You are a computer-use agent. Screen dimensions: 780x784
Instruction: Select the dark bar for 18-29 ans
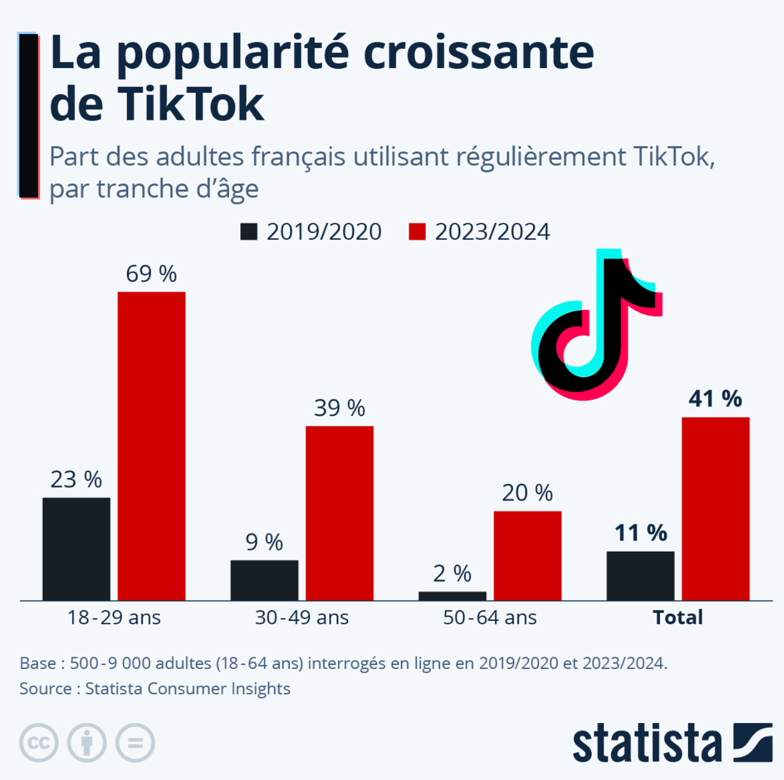pyautogui.click(x=76, y=549)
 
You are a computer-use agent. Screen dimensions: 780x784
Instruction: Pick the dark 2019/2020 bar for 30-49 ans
pyautogui.click(x=264, y=580)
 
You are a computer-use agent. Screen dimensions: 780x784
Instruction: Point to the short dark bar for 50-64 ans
pyautogui.click(x=453, y=596)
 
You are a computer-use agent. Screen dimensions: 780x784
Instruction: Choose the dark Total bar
pyautogui.click(x=641, y=576)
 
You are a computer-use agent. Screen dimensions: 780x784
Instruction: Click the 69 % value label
pyautogui.click(x=151, y=274)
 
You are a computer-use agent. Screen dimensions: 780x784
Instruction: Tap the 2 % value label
pyautogui.click(x=452, y=573)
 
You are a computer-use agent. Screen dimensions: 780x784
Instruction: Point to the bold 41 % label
pyautogui.click(x=715, y=399)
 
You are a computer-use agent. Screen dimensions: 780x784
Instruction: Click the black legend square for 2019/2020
pyautogui.click(x=249, y=231)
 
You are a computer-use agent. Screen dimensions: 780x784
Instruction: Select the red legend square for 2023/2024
pyautogui.click(x=417, y=231)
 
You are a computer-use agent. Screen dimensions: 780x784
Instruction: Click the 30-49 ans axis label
pyautogui.click(x=301, y=617)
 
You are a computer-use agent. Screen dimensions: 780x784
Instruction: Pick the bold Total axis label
pyautogui.click(x=678, y=617)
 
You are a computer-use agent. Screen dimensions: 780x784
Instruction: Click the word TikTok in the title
pyautogui.click(x=192, y=105)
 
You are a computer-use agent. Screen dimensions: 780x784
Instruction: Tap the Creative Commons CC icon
pyautogui.click(x=39, y=742)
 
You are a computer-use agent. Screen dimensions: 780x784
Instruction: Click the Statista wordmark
pyautogui.click(x=646, y=744)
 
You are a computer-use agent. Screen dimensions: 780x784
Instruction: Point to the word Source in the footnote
pyautogui.click(x=46, y=688)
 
